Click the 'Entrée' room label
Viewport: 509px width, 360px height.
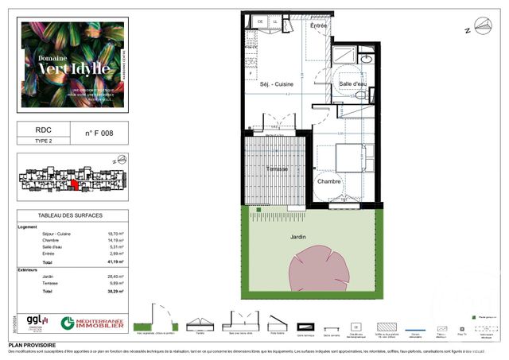(x=318, y=26)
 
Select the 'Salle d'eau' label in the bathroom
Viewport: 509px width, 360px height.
(x=352, y=83)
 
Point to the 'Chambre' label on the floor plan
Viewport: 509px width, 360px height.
(x=329, y=181)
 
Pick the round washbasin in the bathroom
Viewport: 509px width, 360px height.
(x=367, y=58)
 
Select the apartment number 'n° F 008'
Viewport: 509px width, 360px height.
(x=99, y=134)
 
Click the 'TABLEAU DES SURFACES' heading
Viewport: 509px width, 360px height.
(x=72, y=216)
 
